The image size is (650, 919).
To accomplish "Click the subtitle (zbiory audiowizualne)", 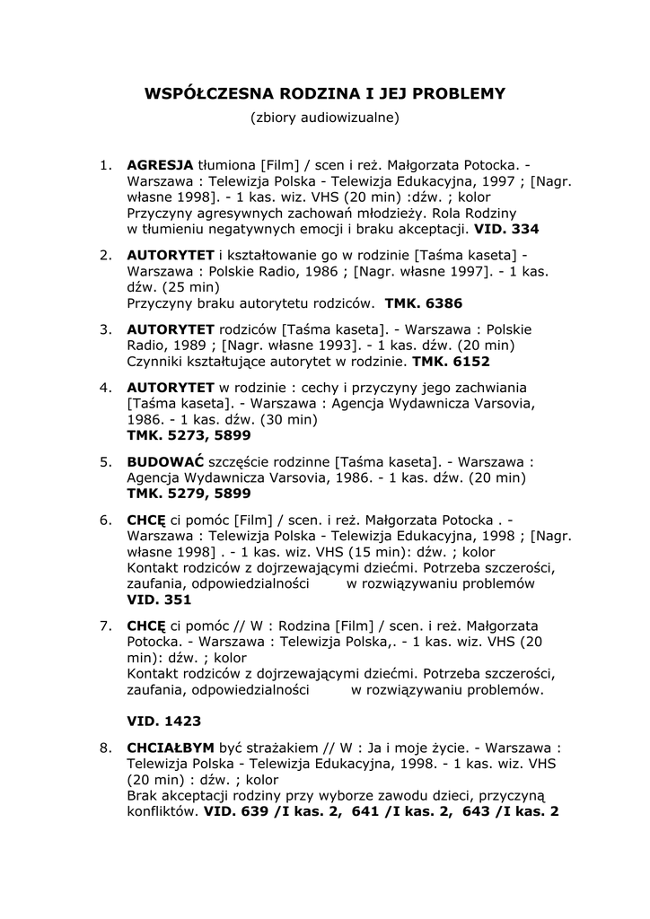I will (x=324, y=118).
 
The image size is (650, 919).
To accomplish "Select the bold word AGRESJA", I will (x=161, y=165).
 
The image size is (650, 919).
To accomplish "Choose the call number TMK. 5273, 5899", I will (x=189, y=434).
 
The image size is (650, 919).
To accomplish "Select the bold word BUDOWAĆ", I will (x=166, y=461).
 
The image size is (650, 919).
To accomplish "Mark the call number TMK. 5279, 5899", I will (x=189, y=494).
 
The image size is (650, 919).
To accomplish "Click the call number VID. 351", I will (x=159, y=600).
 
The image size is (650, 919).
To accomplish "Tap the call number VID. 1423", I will (x=164, y=720).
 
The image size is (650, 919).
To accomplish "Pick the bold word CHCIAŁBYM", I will (x=171, y=747).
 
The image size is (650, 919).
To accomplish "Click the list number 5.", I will (x=105, y=461).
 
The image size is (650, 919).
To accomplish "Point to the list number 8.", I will (x=105, y=747).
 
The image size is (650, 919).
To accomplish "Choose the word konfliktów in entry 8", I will (x=162, y=811).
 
